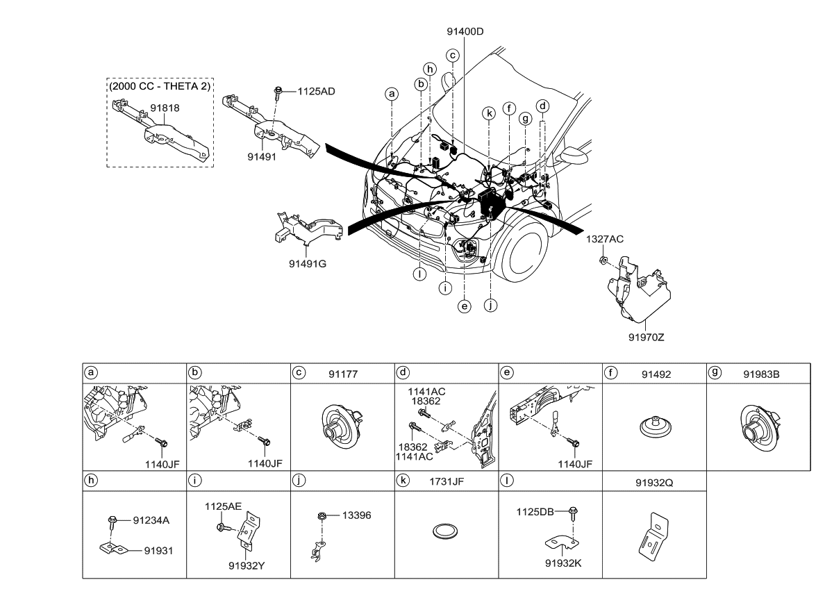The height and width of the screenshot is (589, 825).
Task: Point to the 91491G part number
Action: [308, 263]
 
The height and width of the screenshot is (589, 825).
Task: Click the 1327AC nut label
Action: [604, 239]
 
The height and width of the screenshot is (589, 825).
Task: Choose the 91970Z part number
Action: [647, 338]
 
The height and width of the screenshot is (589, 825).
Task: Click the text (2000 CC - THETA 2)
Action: [160, 86]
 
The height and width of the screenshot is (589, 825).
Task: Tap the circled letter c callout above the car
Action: [452, 55]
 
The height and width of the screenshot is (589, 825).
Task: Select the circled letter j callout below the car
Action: [490, 304]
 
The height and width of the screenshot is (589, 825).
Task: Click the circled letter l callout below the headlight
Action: [419, 274]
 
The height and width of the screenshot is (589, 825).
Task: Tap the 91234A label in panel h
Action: [151, 518]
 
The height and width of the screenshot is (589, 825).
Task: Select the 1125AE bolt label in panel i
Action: [223, 507]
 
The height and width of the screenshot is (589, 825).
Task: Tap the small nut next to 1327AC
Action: [603, 260]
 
